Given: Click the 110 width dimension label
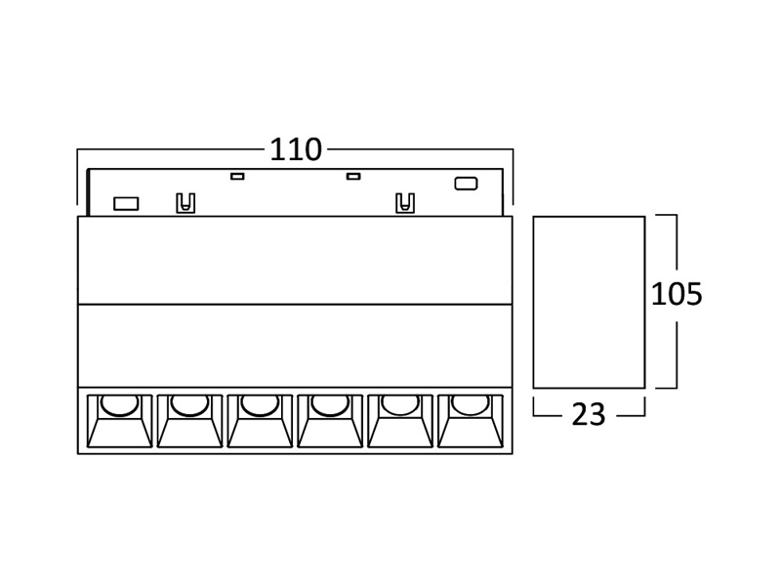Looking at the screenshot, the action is [296, 149].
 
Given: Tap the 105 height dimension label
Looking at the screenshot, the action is [677, 294].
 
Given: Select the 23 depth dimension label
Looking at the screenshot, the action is [589, 414].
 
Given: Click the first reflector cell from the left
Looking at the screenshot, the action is [119, 421].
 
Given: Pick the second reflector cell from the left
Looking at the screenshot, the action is [189, 421].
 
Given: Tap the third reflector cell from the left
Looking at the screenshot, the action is [260, 421].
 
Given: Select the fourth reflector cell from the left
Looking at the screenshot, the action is [330, 421].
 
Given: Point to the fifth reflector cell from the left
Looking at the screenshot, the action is [400, 421].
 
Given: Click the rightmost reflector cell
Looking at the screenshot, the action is [471, 421].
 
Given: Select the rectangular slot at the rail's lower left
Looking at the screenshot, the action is [126, 204].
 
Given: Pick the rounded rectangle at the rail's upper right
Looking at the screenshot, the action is [467, 184].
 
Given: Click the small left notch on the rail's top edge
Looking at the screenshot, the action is [237, 176].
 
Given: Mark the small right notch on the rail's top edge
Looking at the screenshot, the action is [353, 176].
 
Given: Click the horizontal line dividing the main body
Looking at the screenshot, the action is [295, 304].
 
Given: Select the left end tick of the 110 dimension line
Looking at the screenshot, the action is [77, 177].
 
